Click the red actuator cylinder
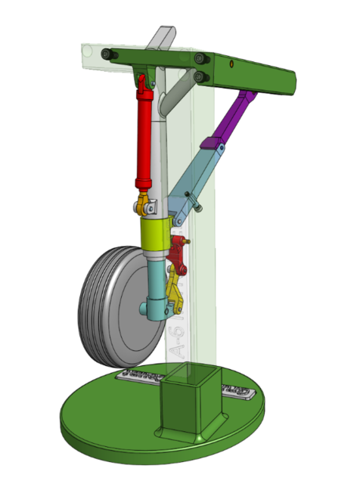[x=144, y=140]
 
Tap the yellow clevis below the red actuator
[x=143, y=203]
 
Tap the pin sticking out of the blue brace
[x=198, y=203]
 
